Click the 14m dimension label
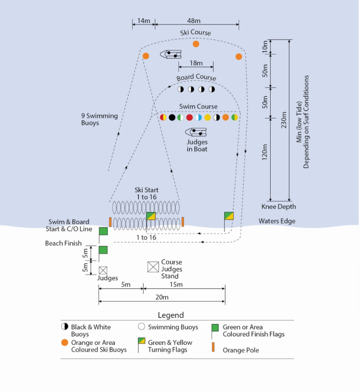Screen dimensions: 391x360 144,20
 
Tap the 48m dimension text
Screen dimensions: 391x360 194,20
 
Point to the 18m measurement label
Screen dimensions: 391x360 196,63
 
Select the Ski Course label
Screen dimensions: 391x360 195,33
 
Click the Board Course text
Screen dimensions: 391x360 196,78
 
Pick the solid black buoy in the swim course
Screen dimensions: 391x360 172,117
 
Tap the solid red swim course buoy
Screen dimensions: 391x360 190,117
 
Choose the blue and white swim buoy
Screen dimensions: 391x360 199,117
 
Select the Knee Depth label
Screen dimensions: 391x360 279,206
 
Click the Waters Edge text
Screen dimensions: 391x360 277,221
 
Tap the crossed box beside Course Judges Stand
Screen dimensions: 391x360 153,267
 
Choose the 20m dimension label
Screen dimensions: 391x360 162,297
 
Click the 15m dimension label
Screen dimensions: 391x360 176,284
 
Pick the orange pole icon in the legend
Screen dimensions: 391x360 213,347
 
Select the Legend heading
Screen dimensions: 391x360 171,315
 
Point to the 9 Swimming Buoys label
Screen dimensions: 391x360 99,119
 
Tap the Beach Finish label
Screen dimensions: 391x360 63,243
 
